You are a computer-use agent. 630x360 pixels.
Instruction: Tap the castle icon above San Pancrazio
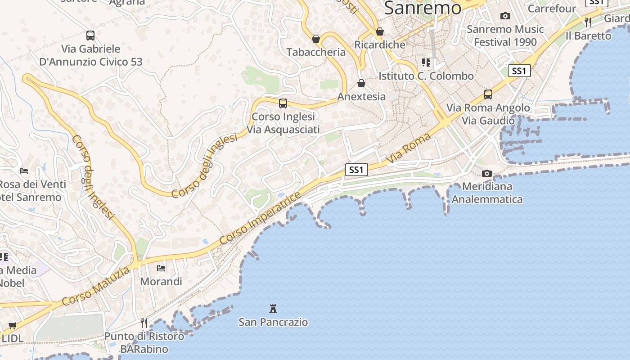pyautogui.click(x=273, y=309)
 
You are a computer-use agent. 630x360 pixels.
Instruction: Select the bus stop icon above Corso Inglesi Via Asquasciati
pyautogui.click(x=283, y=103)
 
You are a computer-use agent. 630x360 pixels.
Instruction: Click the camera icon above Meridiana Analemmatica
pyautogui.click(x=486, y=173)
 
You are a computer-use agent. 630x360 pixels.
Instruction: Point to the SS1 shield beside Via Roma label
pyautogui.click(x=356, y=170)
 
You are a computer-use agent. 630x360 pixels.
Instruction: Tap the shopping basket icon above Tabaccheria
pyautogui.click(x=316, y=39)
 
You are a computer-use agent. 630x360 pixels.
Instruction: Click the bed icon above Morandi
pyautogui.click(x=161, y=268)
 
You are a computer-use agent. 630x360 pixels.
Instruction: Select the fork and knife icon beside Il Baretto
pyautogui.click(x=588, y=22)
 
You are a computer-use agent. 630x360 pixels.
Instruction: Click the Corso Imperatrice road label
pyautogui.click(x=261, y=219)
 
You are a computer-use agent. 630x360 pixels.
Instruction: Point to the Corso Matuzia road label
pyautogui.click(x=96, y=286)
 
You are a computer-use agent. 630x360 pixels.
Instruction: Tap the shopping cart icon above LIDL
pyautogui.click(x=13, y=325)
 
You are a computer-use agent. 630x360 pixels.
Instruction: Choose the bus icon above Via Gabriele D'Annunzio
pyautogui.click(x=90, y=35)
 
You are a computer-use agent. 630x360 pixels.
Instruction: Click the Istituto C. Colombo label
pyautogui.click(x=426, y=76)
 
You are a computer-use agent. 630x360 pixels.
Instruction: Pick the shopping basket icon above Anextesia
pyautogui.click(x=361, y=83)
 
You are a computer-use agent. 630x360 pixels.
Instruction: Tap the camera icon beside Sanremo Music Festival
pyautogui.click(x=505, y=16)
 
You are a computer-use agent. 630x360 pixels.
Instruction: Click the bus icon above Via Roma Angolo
pyautogui.click(x=488, y=94)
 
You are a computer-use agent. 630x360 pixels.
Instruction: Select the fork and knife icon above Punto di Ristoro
pyautogui.click(x=144, y=323)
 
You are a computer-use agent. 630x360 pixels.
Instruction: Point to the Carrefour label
pyautogui.click(x=552, y=9)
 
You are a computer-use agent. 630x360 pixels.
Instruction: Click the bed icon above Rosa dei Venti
pyautogui.click(x=24, y=171)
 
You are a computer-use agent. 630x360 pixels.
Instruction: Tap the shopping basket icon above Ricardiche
pyautogui.click(x=380, y=31)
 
